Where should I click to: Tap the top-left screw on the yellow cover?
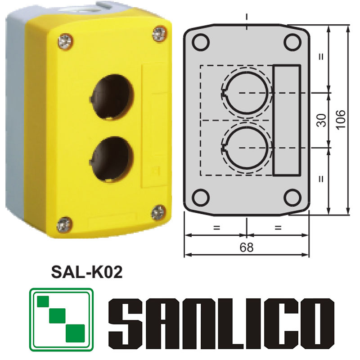tap(65, 42)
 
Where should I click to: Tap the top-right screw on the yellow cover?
tap(158, 32)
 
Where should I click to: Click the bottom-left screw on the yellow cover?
tap(65, 224)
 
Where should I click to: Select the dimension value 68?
tap(247, 247)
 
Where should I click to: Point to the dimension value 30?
tap(321, 120)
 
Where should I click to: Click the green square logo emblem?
tap(61, 320)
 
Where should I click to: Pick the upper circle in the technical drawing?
tap(247, 93)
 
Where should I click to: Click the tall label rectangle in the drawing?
tap(287, 120)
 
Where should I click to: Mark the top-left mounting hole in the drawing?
tap(201, 43)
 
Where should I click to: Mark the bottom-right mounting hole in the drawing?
tap(292, 197)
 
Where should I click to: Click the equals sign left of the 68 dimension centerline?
tap(216, 228)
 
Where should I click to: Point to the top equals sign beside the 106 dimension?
tap(321, 57)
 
